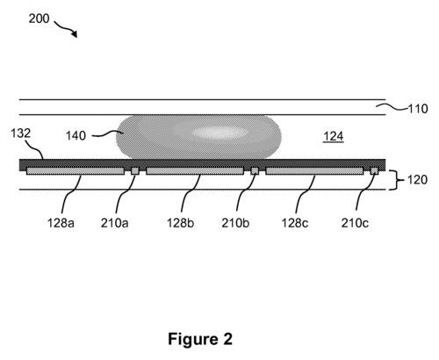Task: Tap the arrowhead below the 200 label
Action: point(74,34)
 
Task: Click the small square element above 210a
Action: point(135,170)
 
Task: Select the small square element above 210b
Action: point(255,170)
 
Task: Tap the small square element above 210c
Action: point(375,170)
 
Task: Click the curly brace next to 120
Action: point(392,179)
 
